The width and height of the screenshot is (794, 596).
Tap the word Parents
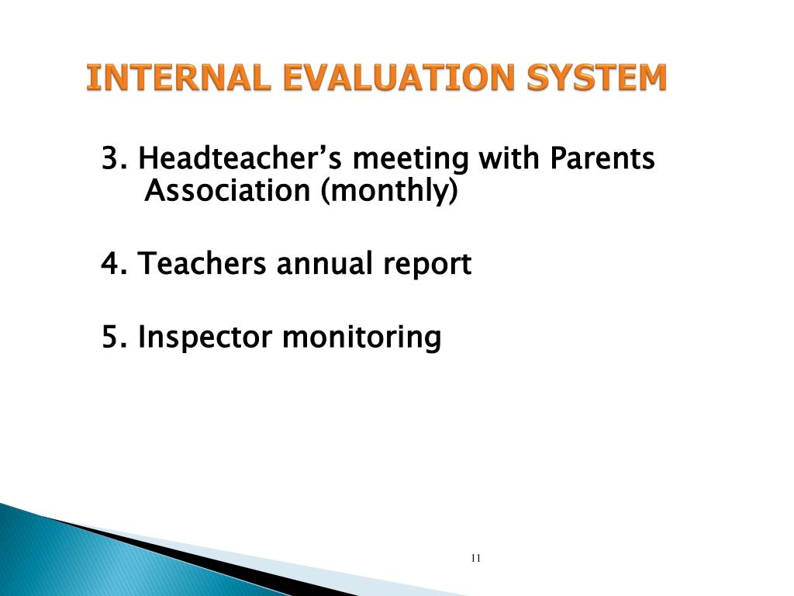click(x=602, y=160)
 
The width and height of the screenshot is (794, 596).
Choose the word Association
click(x=228, y=191)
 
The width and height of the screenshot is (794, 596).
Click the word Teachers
click(x=203, y=265)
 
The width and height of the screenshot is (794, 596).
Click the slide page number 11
click(x=475, y=559)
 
